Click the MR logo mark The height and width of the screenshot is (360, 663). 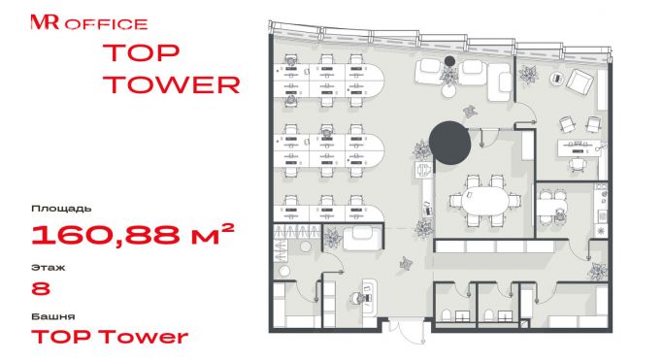tap(45, 22)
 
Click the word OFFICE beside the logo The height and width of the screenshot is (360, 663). tap(106, 24)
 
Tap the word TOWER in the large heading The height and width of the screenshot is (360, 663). tap(171, 84)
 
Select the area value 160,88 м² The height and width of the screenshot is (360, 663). tap(133, 235)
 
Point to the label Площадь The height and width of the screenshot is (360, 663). tap(61, 209)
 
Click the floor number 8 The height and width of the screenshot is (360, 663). tap(41, 288)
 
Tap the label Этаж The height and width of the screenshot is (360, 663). tap(49, 268)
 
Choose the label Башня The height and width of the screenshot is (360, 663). tap(53, 316)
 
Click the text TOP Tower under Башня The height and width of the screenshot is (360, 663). tap(110, 337)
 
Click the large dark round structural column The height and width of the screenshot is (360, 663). tap(449, 143)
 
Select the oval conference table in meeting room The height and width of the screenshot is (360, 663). tap(485, 201)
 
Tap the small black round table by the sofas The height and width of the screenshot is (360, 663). tap(449, 61)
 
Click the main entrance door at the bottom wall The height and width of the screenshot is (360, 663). tap(406, 331)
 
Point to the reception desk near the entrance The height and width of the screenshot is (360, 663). tap(370, 296)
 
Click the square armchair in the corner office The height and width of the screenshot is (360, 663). tap(580, 82)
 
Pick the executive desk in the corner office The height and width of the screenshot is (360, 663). tap(579, 148)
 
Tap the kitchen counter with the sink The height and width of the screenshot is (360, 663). tap(601, 211)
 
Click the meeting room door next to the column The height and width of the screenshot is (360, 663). tap(482, 138)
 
